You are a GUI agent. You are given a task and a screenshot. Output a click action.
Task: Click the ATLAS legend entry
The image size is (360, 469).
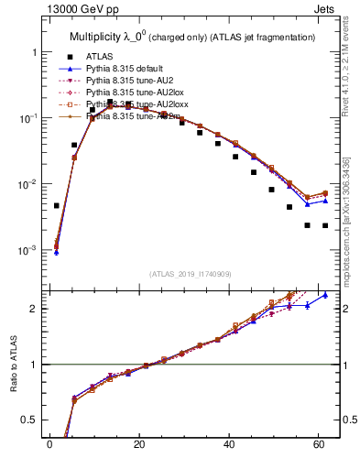click(x=100, y=56)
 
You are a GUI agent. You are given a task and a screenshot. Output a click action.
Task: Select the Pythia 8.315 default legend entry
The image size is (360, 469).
click(x=128, y=69)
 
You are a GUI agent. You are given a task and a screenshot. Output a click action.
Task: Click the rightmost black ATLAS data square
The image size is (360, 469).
click(x=325, y=225)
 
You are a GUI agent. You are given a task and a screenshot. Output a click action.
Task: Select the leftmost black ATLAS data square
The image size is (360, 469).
click(x=57, y=206)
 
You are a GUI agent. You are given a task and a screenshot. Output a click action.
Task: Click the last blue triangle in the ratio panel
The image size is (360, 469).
click(x=325, y=295)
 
